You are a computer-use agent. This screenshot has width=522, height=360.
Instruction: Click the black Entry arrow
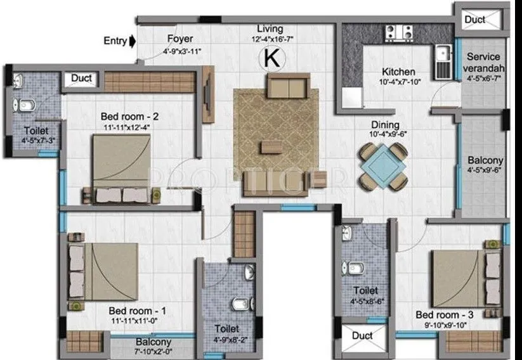pyautogui.click(x=132, y=41)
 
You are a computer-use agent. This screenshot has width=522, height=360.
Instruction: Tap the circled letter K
pyautogui.click(x=271, y=59)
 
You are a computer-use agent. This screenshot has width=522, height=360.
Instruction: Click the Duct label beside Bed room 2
pyautogui.click(x=82, y=79)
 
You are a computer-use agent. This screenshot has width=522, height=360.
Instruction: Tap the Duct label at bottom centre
pyautogui.click(x=362, y=335)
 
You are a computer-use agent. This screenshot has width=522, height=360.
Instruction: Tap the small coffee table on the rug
pyautogui.click(x=275, y=148)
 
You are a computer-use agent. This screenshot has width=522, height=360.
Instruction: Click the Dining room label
pyautogui.click(x=386, y=125)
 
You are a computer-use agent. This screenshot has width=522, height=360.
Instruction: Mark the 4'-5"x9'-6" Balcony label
pyautogui.click(x=485, y=165)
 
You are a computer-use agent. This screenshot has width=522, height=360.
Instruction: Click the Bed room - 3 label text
pyautogui.click(x=445, y=315)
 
